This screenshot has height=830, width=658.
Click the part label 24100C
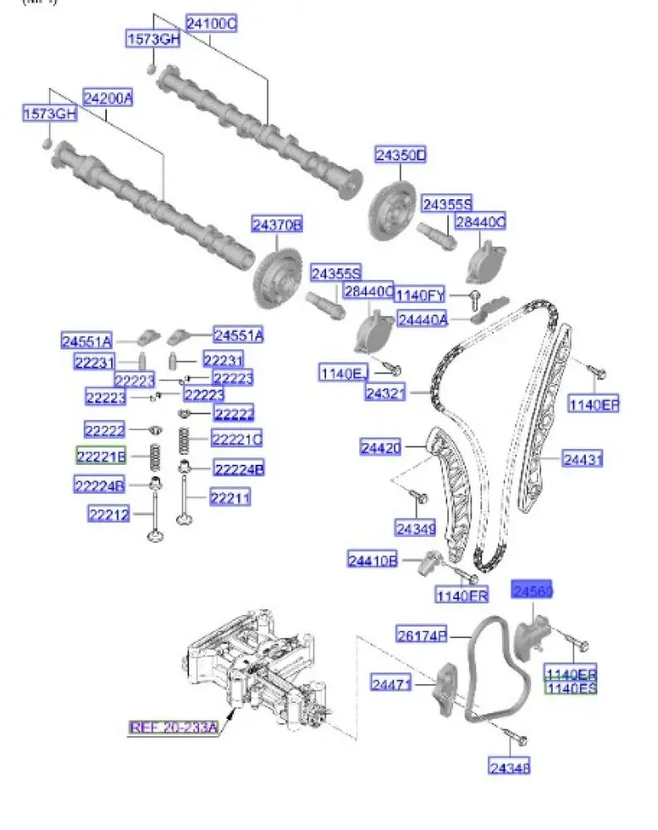coord(211,25)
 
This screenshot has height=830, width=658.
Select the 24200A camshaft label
coord(107,98)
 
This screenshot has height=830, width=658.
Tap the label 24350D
coord(400,155)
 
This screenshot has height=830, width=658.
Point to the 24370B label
coord(278,224)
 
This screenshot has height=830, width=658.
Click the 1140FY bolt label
coord(420,295)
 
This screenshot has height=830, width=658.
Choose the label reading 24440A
coord(422,319)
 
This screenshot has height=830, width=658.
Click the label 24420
coord(381,448)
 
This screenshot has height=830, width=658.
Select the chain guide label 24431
coord(583,458)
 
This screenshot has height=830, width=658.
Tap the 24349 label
coord(415,528)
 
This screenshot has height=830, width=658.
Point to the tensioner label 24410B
coord(373,561)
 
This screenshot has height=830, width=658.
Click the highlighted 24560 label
coord(532,591)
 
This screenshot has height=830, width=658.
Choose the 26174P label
coord(421,636)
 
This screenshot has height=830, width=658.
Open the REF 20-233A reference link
coord(173,728)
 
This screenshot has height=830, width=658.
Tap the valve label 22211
coord(230,498)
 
